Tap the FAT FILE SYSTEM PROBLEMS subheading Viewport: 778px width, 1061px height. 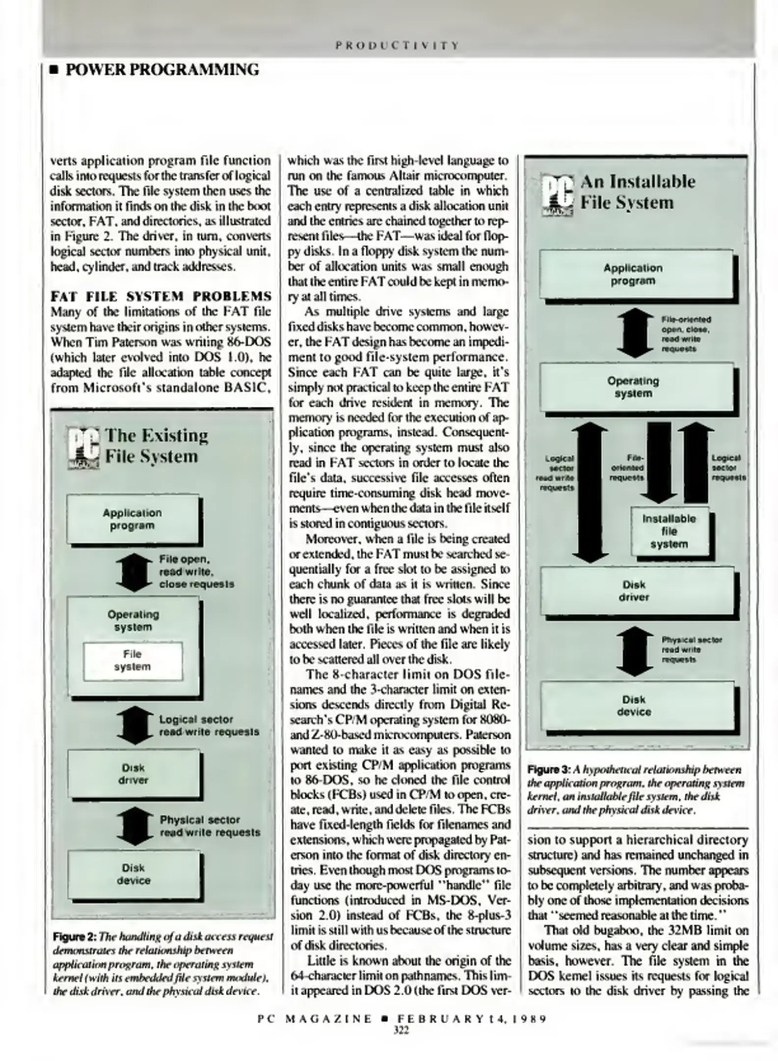tap(161, 296)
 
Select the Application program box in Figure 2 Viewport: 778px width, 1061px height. tap(133, 519)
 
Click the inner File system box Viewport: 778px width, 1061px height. tap(133, 661)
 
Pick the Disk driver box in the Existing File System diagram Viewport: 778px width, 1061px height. tap(134, 774)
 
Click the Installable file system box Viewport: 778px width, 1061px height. tap(670, 531)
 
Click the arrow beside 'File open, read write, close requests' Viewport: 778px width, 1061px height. tap(134, 572)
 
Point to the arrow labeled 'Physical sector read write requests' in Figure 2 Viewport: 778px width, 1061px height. tap(134, 826)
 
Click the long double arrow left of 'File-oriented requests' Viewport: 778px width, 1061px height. tap(591, 494)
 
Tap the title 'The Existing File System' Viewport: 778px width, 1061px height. tap(157, 446)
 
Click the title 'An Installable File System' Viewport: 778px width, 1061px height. tap(638, 192)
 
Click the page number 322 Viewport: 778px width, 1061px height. tap(401, 1031)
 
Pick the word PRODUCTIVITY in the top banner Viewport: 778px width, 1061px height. tap(397, 46)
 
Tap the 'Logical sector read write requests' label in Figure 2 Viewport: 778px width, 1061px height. tap(209, 726)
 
